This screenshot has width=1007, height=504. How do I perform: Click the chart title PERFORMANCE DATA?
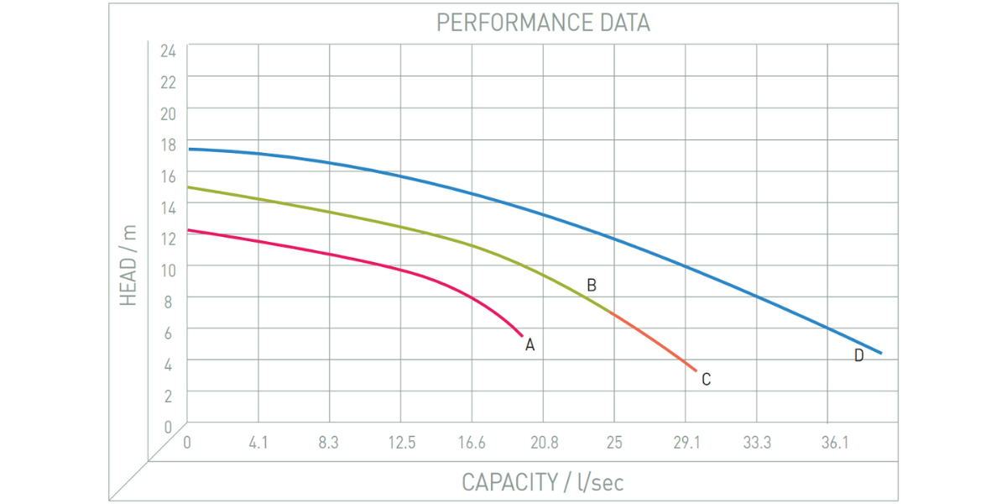point(543,23)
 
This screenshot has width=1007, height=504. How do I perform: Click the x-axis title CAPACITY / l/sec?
point(543,482)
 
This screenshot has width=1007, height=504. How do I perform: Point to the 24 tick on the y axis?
point(168,50)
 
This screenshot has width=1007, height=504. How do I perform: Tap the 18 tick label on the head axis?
point(168,144)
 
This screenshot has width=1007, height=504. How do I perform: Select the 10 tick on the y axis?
point(168,270)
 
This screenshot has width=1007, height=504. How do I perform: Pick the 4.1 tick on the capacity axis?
point(258,443)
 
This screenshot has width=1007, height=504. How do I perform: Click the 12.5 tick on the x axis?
point(401,443)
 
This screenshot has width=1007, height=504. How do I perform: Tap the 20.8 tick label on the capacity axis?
point(544,443)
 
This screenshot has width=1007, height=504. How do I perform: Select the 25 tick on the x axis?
point(614,443)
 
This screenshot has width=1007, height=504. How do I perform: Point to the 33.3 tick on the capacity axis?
point(757,443)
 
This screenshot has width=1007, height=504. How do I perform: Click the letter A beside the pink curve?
point(530,344)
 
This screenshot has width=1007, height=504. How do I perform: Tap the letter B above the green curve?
point(592,286)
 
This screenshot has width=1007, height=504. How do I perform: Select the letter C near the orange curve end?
point(706,380)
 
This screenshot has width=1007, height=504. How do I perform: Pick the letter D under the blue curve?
point(858,355)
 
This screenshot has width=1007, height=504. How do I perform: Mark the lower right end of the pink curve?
point(521,335)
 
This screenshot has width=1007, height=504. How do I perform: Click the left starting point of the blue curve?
point(189,149)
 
